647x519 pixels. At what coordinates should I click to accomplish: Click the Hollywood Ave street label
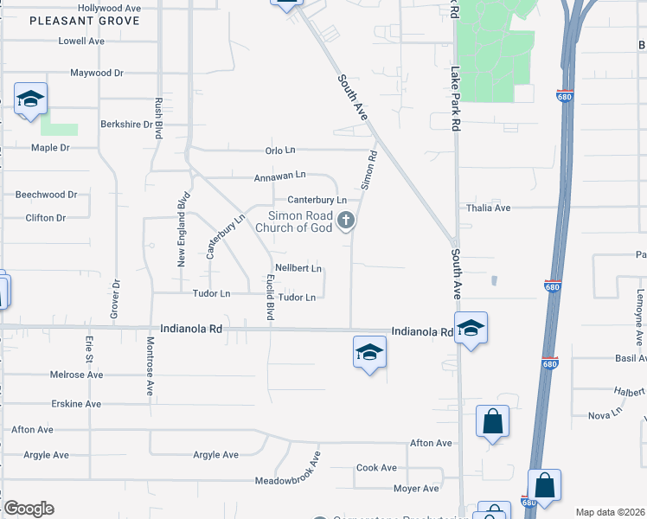(109, 7)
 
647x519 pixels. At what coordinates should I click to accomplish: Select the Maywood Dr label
(97, 74)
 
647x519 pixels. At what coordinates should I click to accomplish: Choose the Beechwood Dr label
(46, 195)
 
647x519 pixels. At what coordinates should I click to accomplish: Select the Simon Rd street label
(369, 170)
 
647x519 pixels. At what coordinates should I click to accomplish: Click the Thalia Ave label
(489, 208)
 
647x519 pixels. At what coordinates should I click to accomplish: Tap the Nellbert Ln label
(298, 268)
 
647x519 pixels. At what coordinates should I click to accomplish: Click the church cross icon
(346, 221)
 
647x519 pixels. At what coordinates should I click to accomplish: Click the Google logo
(29, 509)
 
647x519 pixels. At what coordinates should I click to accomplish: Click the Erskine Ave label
(75, 404)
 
